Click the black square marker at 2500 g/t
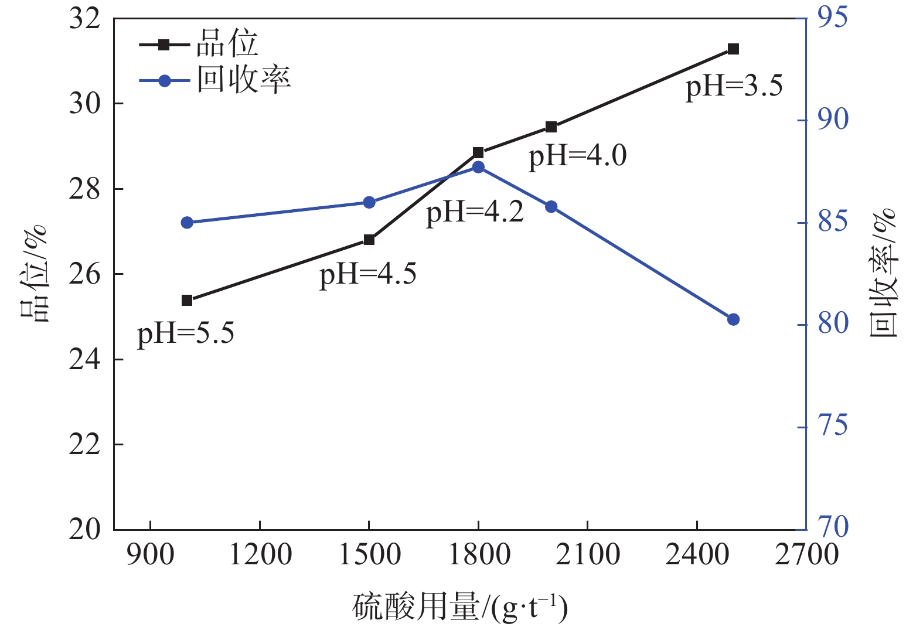[x=733, y=49]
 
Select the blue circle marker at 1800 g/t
[x=478, y=167]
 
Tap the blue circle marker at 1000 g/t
[x=187, y=223]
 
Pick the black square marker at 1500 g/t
[x=369, y=240]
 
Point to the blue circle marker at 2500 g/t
[x=733, y=319]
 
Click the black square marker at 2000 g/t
[x=551, y=127]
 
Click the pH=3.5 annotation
[x=734, y=86]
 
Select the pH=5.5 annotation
[x=186, y=333]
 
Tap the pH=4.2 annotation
[x=475, y=212]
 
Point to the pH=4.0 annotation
[x=578, y=156]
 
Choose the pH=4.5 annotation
[x=368, y=274]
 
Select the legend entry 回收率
[x=243, y=80]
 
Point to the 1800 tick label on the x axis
[x=479, y=554]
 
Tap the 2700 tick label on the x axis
[x=806, y=554]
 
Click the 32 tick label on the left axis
[x=85, y=19]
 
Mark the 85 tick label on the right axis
[x=832, y=222]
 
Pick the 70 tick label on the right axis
[x=832, y=527]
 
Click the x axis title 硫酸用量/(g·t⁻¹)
[x=460, y=608]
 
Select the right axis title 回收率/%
[x=884, y=272]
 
